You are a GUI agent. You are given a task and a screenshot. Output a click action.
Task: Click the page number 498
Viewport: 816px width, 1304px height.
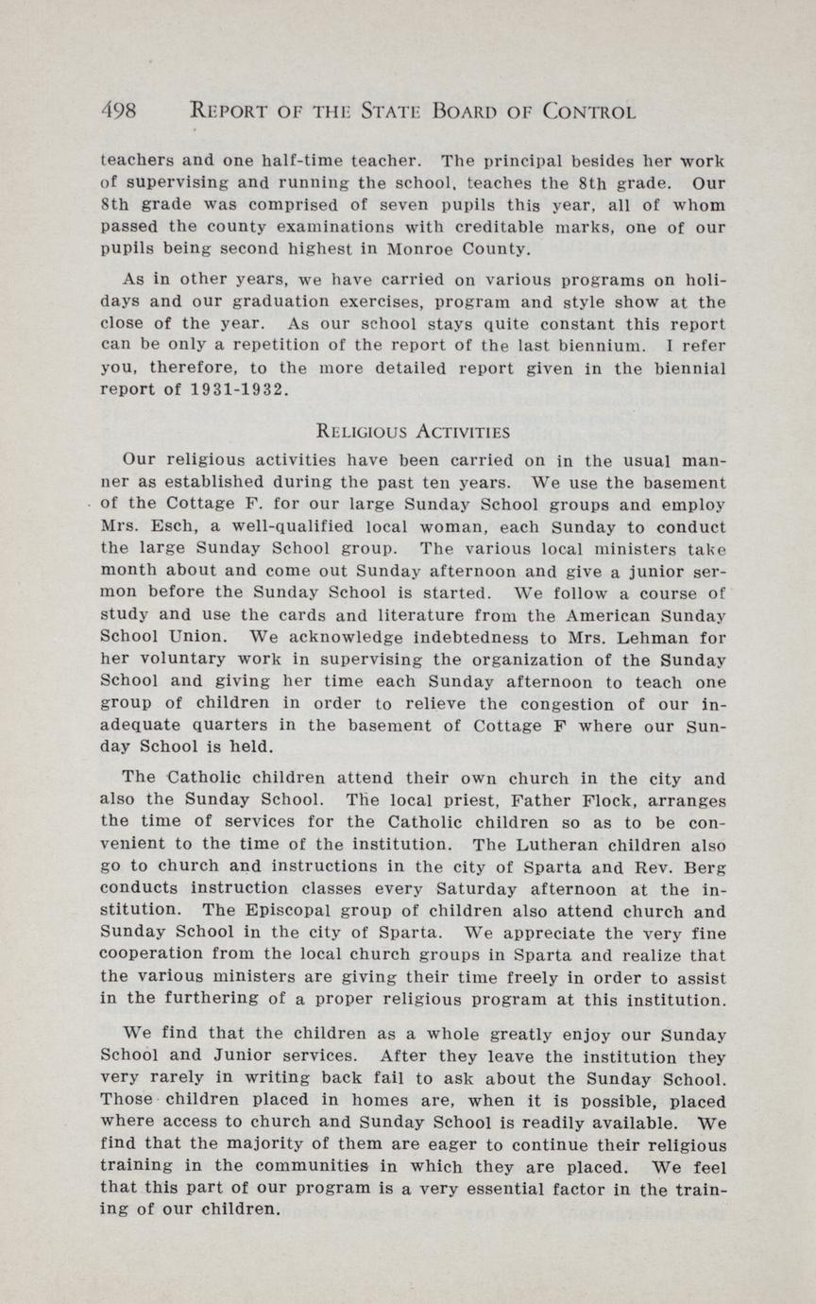coord(118,112)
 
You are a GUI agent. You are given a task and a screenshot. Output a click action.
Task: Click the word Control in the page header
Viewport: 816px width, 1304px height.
coord(589,112)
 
